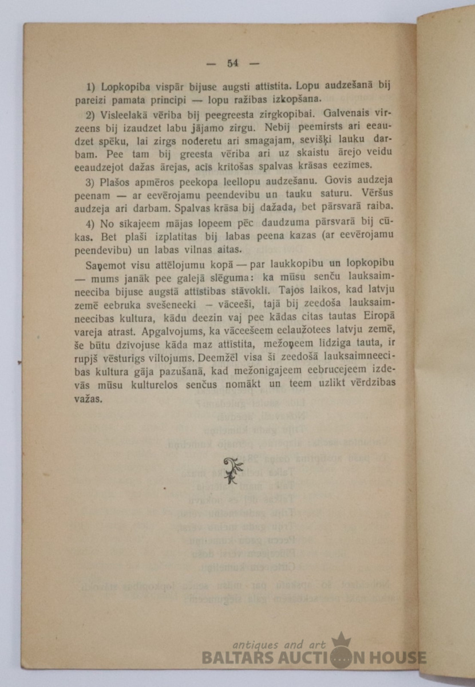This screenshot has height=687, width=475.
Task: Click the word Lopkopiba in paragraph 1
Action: (x=125, y=87)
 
